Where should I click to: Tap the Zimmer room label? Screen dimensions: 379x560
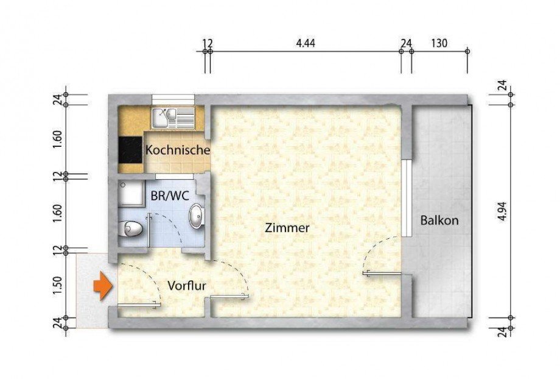coord(287,228)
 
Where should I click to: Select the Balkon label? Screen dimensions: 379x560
coord(439,221)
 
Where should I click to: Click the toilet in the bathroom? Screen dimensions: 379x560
coord(131,229)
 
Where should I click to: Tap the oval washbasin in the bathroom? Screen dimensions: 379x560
coord(197,216)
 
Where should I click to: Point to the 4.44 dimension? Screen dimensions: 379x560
coord(306,43)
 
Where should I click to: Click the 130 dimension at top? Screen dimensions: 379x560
coord(439,43)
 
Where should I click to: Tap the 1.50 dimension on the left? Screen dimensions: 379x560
coord(58,285)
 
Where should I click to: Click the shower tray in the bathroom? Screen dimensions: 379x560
coord(130,193)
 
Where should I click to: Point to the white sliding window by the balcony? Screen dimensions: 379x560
coord(404,198)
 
